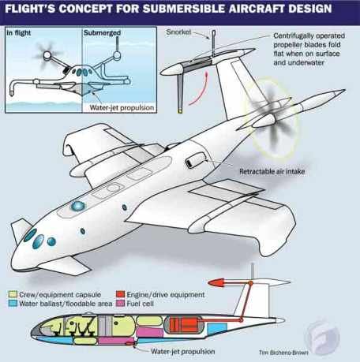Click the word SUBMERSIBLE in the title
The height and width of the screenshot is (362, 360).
[x=184, y=9]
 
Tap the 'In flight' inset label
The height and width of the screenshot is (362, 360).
[x=19, y=33]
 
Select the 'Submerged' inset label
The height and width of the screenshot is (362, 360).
[x=102, y=33]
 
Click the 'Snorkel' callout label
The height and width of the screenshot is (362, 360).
[x=178, y=32]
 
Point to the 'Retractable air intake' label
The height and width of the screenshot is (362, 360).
[x=272, y=172]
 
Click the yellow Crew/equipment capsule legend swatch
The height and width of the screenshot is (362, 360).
[x=13, y=294]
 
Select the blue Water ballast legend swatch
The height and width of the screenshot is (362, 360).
[x=13, y=304]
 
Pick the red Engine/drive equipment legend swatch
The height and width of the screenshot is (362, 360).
[x=120, y=294]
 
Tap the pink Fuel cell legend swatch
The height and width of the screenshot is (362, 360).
[x=120, y=304]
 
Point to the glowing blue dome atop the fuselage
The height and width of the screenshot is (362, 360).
[x=78, y=206]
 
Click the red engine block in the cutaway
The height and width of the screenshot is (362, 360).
[x=183, y=324]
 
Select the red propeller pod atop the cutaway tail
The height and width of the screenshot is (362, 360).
[x=216, y=283]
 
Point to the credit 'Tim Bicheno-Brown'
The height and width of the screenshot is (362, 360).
[x=283, y=353]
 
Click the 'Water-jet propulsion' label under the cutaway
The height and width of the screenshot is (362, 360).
[x=183, y=352]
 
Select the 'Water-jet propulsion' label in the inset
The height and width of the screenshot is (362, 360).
[x=122, y=108]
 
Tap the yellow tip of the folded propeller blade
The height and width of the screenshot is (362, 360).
[x=180, y=111]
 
